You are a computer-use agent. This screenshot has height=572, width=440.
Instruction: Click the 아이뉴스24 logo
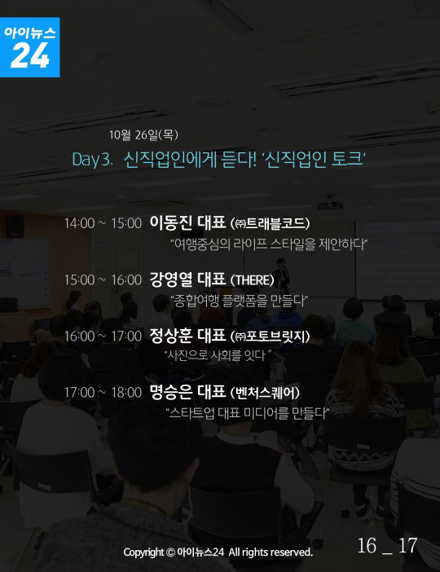click(x=29, y=47)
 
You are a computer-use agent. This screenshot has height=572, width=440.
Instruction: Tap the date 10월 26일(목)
click(x=143, y=135)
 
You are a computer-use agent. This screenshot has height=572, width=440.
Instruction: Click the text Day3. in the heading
click(x=93, y=160)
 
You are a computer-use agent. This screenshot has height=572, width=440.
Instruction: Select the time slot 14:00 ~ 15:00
click(x=103, y=223)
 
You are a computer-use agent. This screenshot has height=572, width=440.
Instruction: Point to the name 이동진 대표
click(x=187, y=222)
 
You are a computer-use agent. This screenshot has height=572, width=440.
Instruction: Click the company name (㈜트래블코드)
click(x=270, y=223)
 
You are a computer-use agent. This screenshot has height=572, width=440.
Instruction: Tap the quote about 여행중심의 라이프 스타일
click(x=269, y=244)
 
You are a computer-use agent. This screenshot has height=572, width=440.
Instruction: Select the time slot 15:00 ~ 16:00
click(x=103, y=280)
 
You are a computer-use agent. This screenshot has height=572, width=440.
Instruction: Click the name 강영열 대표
click(x=187, y=279)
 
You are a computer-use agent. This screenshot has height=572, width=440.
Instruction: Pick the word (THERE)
click(x=252, y=280)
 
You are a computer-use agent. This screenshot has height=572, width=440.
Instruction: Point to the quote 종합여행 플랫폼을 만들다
click(x=240, y=301)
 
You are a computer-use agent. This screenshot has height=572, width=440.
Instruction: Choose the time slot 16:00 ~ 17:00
click(x=103, y=337)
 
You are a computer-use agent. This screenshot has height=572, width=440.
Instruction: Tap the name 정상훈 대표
click(x=187, y=336)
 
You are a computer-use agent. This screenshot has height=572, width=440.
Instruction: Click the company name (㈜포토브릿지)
click(x=270, y=337)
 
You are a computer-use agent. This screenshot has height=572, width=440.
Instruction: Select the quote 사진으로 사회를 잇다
click(x=218, y=354)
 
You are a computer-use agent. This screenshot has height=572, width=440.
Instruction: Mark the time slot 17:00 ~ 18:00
click(x=103, y=393)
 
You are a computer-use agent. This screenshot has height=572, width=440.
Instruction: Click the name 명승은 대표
click(x=187, y=392)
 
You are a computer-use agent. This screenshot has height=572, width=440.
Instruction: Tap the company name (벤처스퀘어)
click(x=265, y=393)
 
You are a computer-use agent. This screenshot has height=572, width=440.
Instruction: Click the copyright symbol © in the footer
click(x=170, y=552)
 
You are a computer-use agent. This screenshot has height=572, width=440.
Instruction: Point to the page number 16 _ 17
click(x=387, y=546)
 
